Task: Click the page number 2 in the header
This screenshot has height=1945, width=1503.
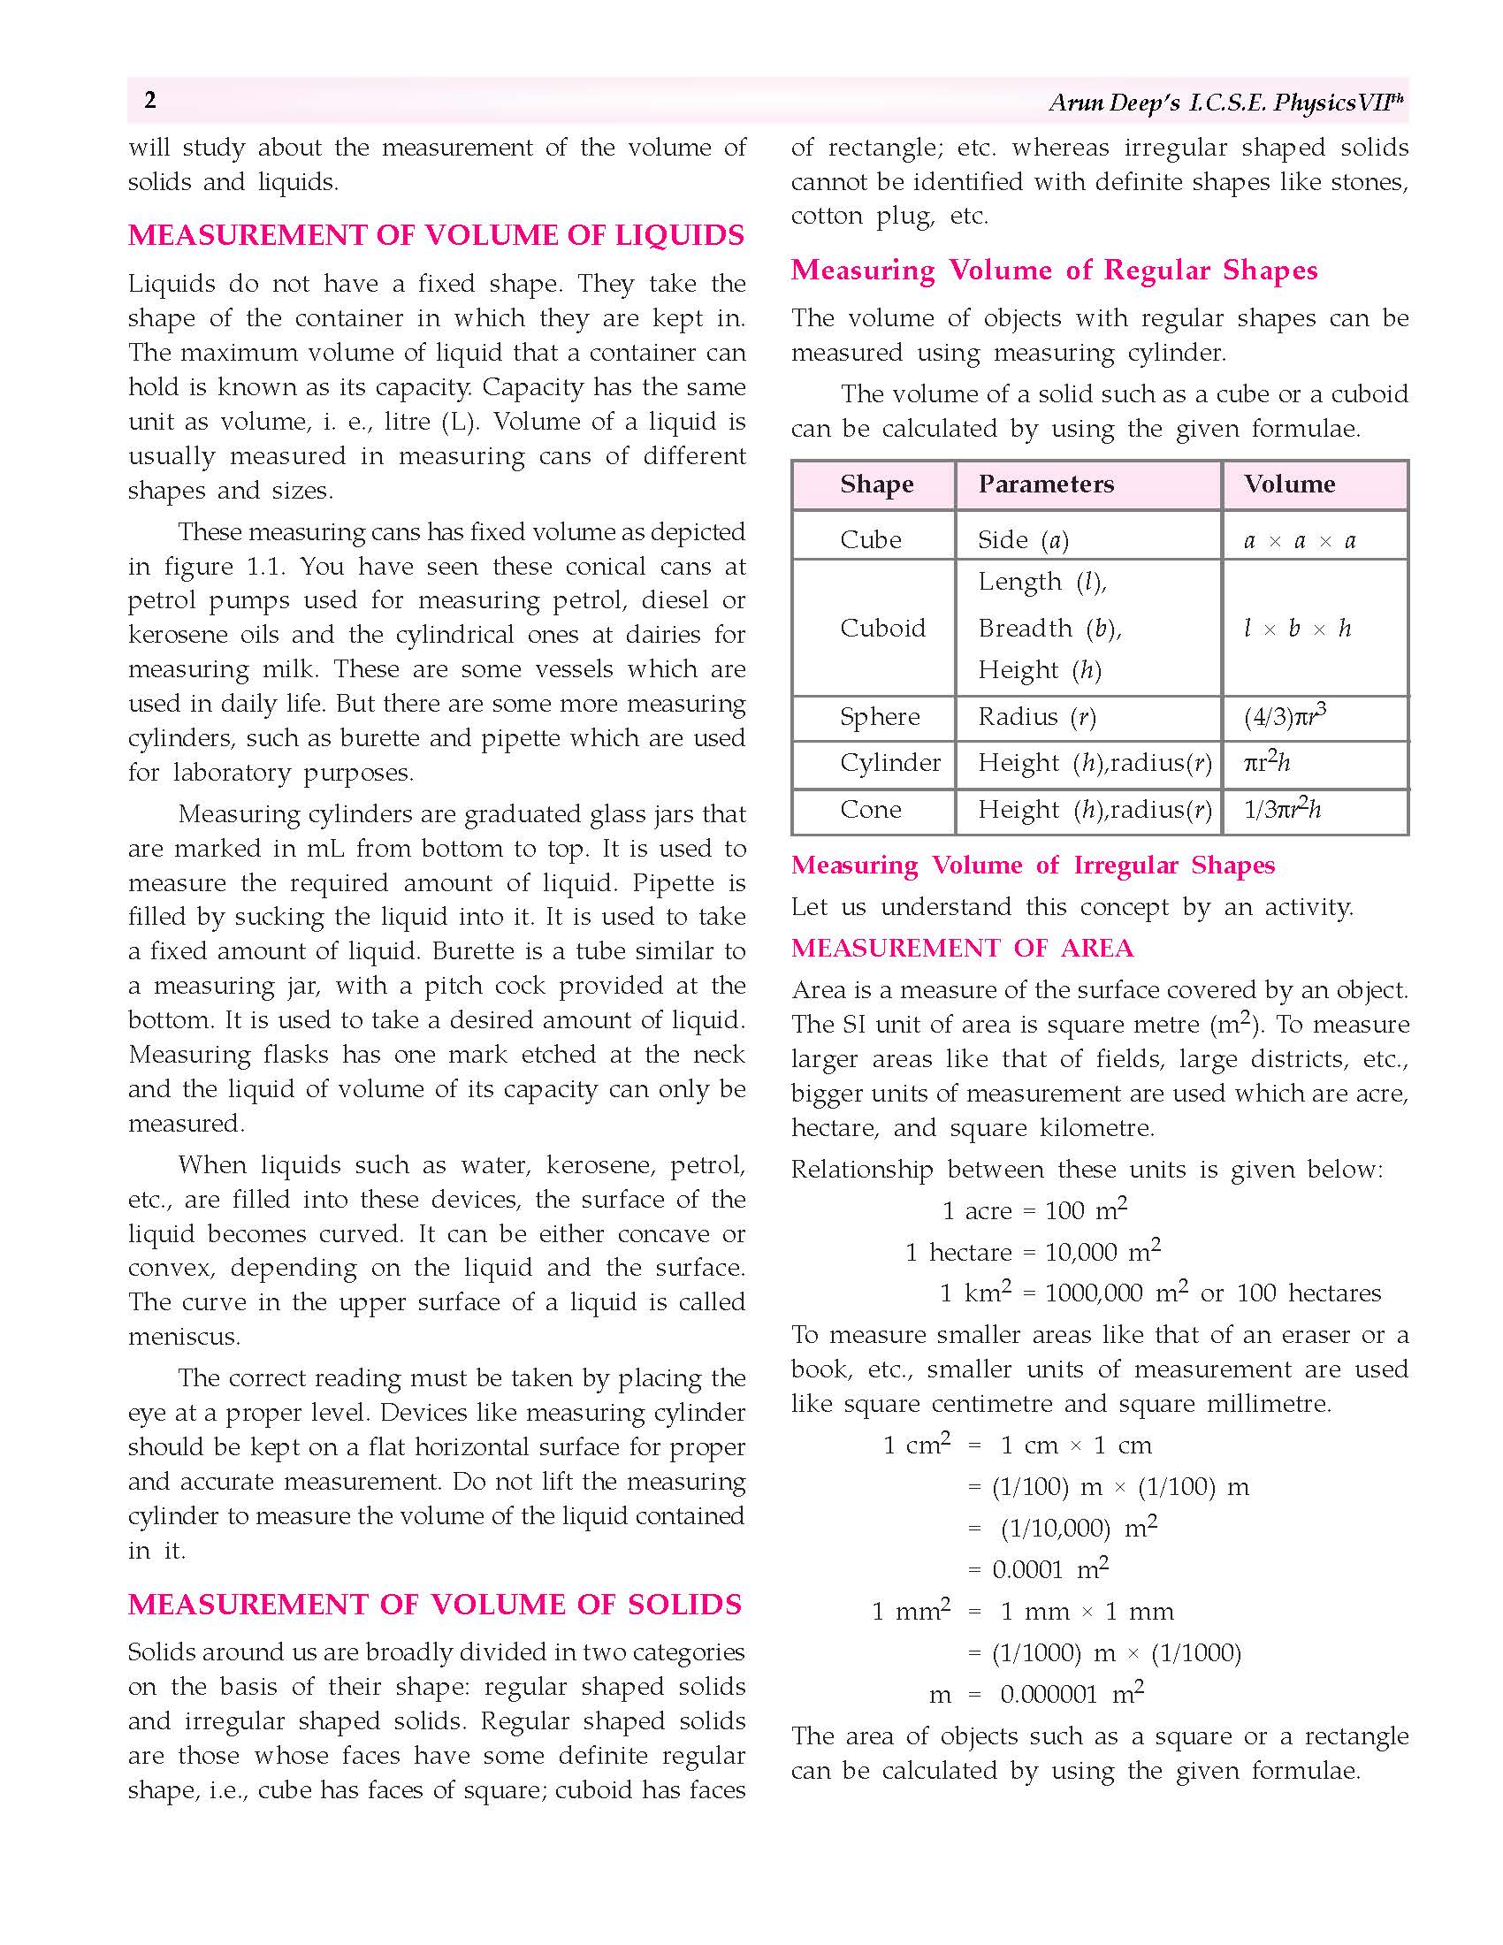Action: coord(150,100)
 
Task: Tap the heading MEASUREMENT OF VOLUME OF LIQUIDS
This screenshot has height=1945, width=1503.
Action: coord(436,235)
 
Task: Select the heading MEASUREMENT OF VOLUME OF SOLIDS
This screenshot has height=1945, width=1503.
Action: coord(434,1604)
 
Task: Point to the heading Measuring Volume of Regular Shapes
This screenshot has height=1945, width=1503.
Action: coord(1054,270)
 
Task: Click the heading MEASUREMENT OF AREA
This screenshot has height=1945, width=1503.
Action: coord(962,948)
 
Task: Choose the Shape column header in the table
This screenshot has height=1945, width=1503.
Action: coord(876,484)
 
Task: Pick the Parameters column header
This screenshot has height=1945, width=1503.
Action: coord(1045,484)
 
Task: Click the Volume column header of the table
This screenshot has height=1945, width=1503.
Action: coord(1289,484)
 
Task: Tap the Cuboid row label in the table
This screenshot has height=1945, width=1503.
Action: coord(882,628)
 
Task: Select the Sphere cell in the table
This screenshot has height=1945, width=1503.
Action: coord(880,717)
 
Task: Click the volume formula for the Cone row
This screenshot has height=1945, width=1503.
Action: coord(1282,809)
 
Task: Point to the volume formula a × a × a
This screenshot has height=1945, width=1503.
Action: coord(1299,539)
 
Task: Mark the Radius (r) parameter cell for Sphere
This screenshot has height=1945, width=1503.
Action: coord(1036,717)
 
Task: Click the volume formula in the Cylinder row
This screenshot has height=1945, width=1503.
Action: coord(1266,762)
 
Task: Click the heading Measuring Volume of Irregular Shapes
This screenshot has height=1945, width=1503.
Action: coord(1033,865)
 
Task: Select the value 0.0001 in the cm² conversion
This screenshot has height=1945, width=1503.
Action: coord(1027,1569)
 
